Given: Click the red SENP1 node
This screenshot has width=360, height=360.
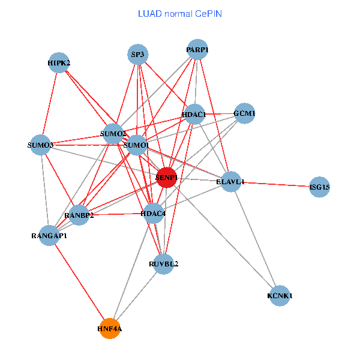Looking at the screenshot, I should coord(166,177).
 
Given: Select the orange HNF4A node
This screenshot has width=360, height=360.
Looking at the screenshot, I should coord(110,328).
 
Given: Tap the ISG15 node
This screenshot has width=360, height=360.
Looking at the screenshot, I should coord(320,187).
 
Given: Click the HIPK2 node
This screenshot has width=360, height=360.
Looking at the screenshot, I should coord(59,62).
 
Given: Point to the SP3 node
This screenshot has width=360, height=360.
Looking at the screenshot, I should coord(138,55).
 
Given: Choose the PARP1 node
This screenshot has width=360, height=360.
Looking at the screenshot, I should coord(197,50).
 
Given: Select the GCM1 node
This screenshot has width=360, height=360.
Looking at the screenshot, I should coord(244,113).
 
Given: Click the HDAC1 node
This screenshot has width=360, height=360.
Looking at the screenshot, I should coord(194,114).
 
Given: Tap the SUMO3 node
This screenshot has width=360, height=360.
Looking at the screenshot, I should coord(40,145).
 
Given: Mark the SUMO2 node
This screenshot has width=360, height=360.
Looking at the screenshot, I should coord(113,133).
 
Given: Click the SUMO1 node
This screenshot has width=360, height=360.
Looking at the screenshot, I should coord(136,145).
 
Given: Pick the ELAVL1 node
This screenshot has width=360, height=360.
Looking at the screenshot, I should coord(231,181).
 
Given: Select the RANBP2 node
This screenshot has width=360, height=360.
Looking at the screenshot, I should coord(79,215).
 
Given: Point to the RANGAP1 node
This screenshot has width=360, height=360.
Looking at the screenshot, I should coord(50,235).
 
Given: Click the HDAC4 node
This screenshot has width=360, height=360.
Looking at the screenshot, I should coord(154,213).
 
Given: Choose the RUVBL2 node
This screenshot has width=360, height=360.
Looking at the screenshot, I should coord(164,263).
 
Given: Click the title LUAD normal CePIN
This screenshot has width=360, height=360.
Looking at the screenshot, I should coord(180,13).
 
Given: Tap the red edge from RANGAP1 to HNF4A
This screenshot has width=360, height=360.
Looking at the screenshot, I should coord(80,282).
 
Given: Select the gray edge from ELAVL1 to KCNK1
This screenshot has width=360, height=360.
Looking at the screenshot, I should coord(256,239).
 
